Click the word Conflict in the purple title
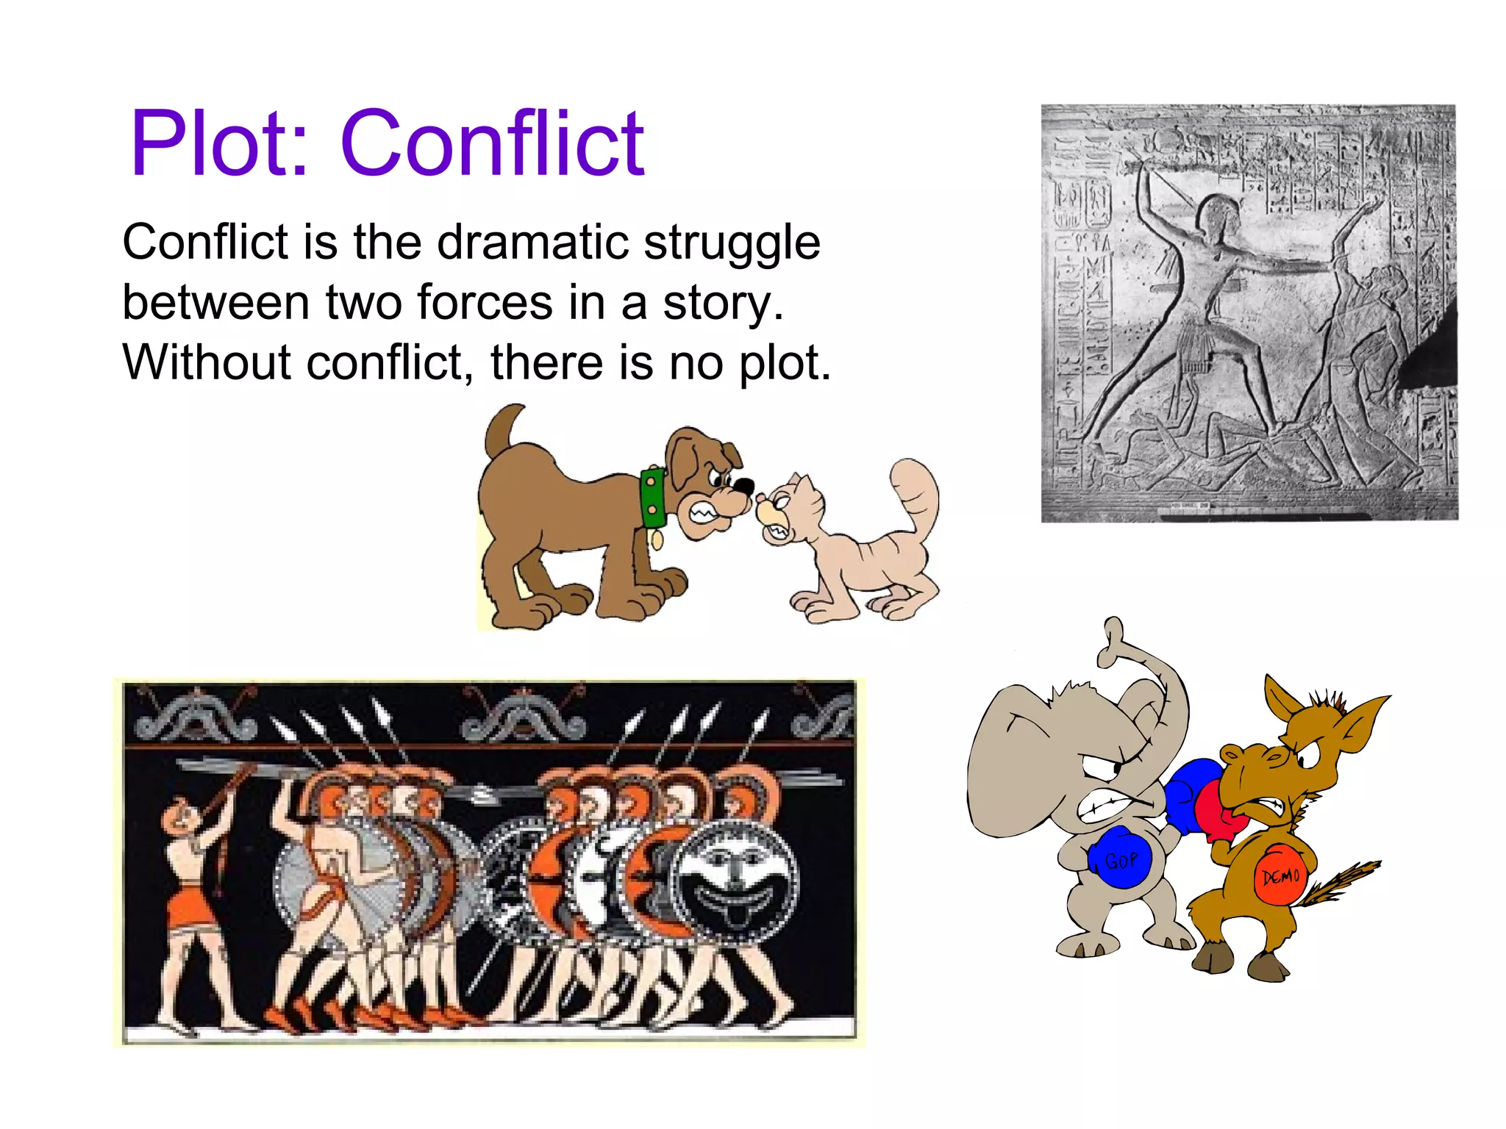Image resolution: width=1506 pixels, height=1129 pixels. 492,143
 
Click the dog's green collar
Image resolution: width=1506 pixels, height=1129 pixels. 652,498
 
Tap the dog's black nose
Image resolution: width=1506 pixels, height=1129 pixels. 744,487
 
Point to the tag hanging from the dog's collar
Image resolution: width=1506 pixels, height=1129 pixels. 657,540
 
